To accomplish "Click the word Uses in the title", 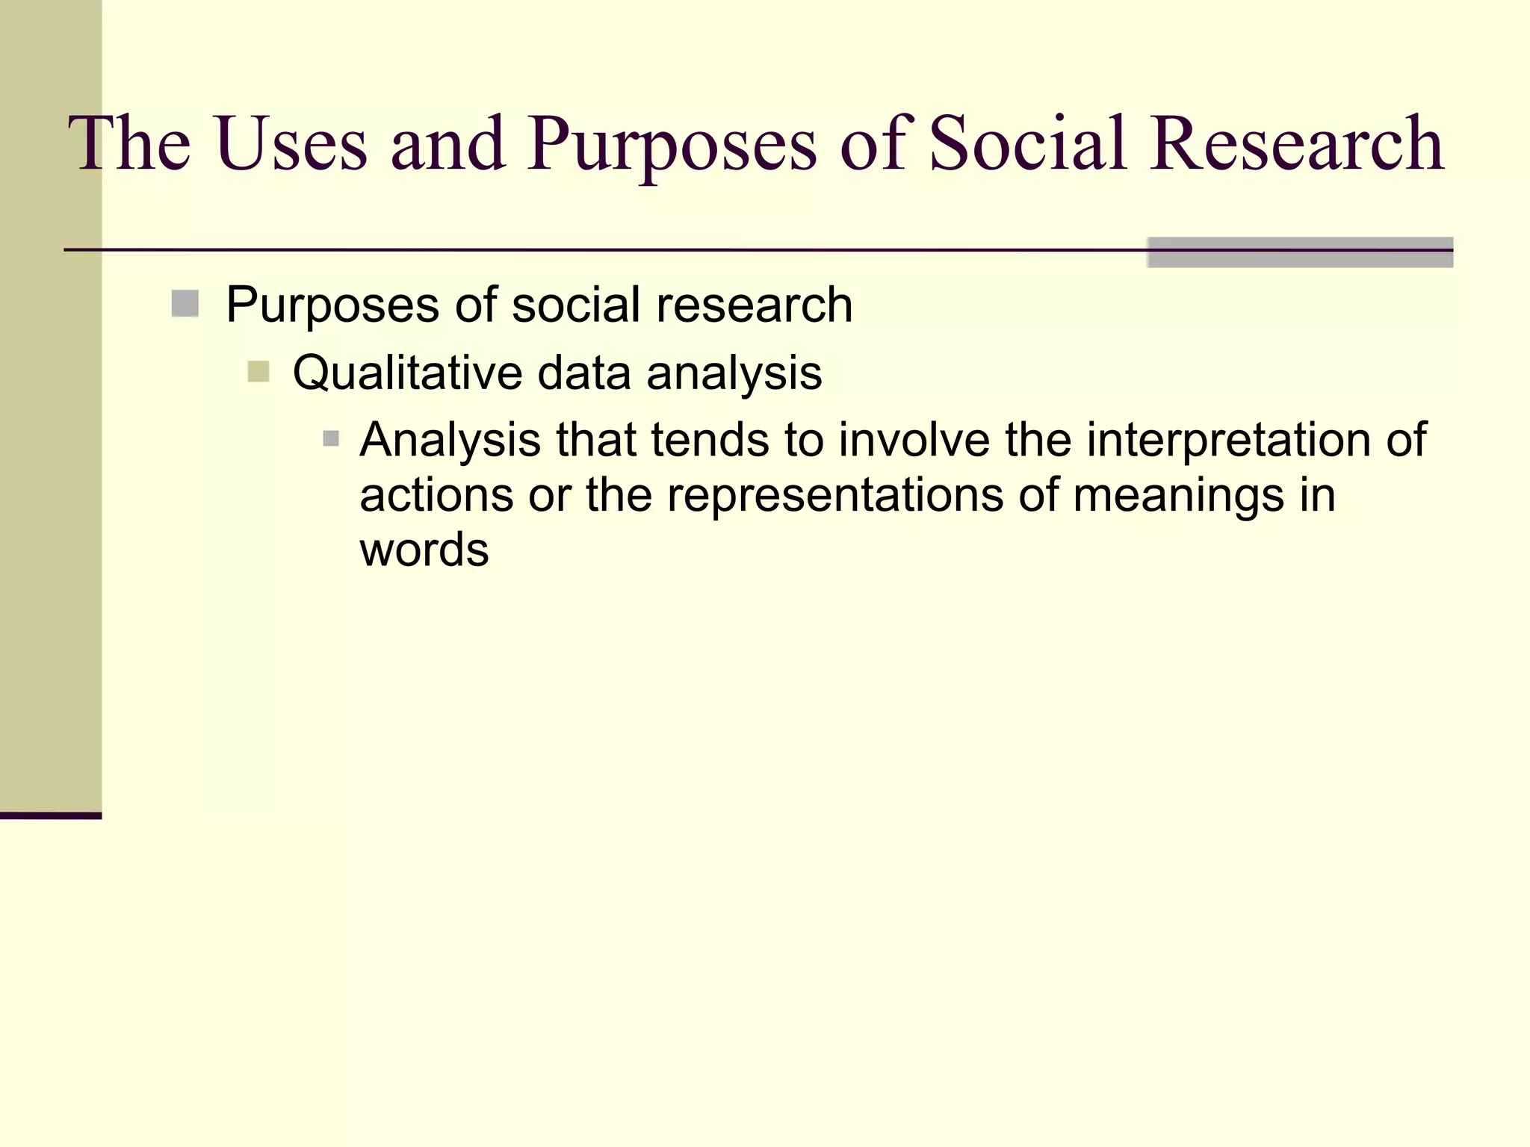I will point(292,143).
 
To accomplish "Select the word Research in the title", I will point(1296,143).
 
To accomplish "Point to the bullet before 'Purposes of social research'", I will point(185,304).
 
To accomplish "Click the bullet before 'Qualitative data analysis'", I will point(258,371).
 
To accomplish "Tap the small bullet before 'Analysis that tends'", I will point(331,438).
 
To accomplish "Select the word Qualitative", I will point(406,373).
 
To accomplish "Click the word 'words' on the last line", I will point(424,550).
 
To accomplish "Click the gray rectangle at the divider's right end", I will point(1299,252).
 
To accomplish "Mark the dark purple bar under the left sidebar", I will point(50,815).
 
